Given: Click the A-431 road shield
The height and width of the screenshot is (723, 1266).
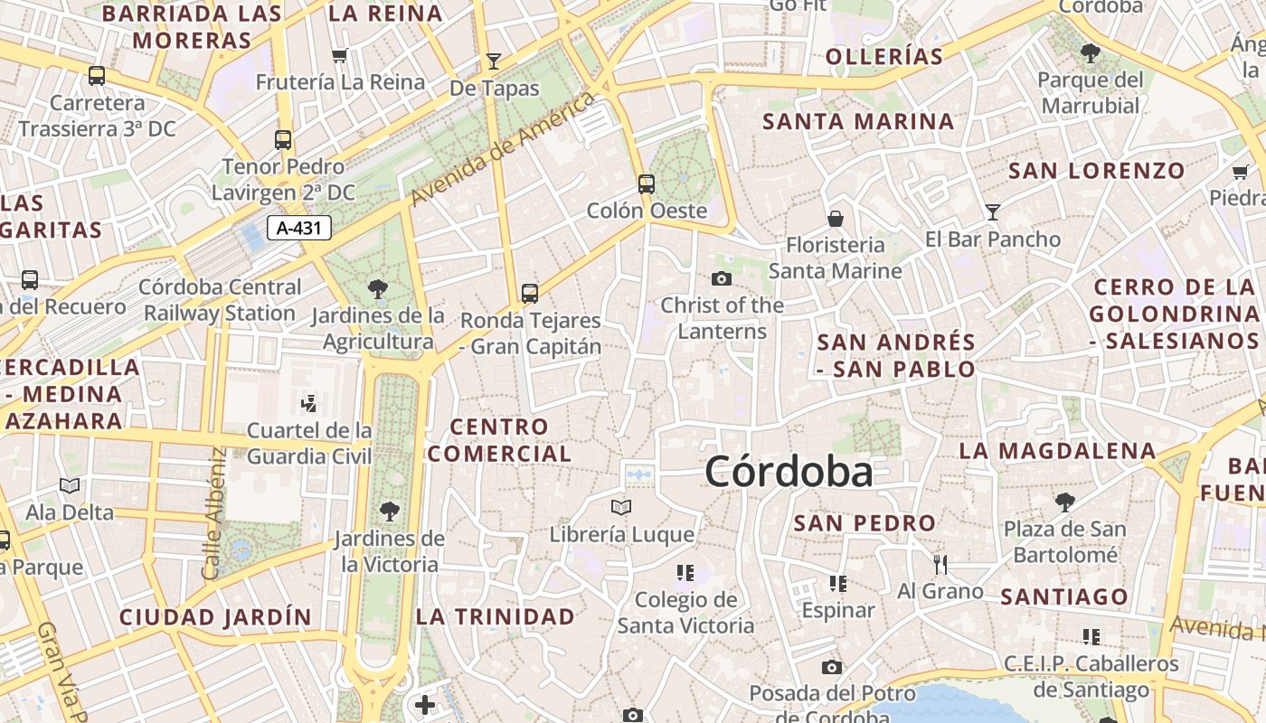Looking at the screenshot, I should (299, 228).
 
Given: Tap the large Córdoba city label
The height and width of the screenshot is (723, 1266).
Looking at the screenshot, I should (789, 472).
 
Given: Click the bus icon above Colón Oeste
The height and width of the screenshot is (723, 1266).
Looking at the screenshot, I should (647, 184).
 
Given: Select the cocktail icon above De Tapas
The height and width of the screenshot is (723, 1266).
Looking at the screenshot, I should (493, 61).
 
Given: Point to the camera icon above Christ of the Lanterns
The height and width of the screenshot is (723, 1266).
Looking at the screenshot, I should (722, 278).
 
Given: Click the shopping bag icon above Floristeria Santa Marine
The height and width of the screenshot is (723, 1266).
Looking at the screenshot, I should (836, 219).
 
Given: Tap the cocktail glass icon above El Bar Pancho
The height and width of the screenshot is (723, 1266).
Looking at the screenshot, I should (993, 212).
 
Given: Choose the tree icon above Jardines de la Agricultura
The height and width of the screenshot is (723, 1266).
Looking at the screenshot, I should (378, 289).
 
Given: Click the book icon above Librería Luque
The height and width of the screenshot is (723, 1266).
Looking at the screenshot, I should (621, 507).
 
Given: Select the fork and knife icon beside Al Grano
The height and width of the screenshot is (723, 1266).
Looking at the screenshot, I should (940, 565).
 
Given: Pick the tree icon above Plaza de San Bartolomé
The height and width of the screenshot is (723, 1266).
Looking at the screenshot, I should (1065, 502).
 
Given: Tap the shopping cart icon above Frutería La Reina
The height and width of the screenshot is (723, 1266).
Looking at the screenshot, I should (340, 56).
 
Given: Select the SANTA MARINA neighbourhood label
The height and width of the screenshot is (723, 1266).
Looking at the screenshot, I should (858, 121).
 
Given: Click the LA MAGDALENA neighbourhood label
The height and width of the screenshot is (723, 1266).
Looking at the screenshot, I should (1057, 450).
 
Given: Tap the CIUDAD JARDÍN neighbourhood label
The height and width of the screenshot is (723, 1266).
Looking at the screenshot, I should (215, 617).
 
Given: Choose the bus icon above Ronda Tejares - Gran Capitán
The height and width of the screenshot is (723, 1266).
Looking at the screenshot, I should (530, 293).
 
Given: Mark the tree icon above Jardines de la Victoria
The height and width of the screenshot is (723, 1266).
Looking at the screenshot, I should (390, 512).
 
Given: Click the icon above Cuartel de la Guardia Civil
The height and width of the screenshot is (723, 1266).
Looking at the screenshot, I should (309, 402).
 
